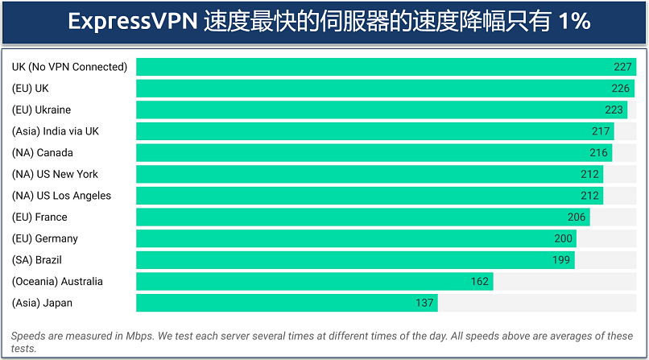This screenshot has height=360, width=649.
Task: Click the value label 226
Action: (622, 89)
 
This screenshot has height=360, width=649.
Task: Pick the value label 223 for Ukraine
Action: (614, 110)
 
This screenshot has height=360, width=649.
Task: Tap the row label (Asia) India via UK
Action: (56, 131)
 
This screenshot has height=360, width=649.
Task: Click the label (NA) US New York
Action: (55, 174)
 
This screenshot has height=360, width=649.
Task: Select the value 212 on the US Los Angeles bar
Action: (590, 196)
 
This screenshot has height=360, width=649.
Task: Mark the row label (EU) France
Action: (39, 217)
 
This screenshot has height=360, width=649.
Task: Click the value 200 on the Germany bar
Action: (564, 238)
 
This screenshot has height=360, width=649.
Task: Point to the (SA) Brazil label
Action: (37, 260)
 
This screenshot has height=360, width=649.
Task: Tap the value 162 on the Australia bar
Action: (480, 282)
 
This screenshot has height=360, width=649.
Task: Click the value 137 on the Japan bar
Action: (425, 303)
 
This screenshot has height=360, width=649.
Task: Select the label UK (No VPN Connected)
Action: (69, 67)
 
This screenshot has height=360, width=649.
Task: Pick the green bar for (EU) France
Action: (362, 217)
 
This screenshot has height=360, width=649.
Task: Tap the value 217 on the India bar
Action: (601, 131)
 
